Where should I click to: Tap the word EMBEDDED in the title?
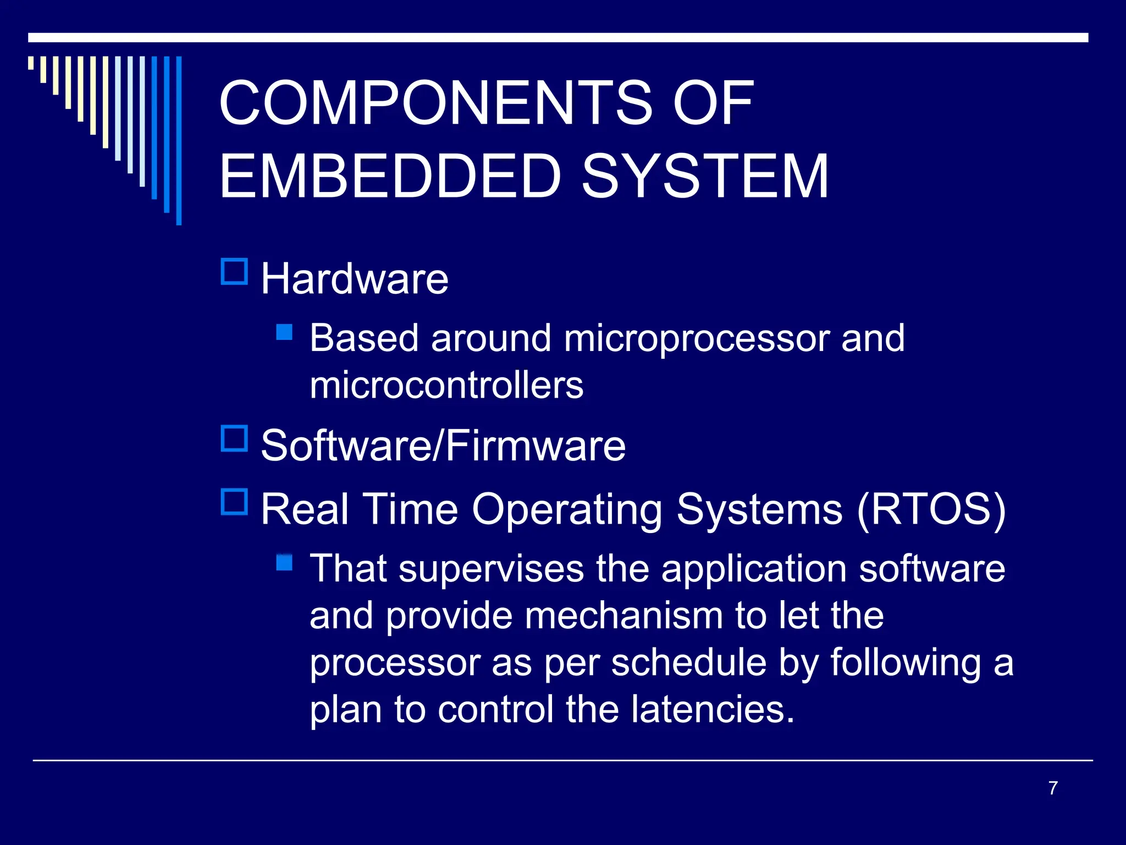click(x=390, y=176)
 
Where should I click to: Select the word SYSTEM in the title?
click(x=705, y=176)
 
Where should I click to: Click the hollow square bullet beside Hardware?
click(x=234, y=271)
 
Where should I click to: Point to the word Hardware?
click(x=355, y=279)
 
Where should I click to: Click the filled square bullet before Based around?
click(x=284, y=332)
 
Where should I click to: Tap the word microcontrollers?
click(x=446, y=385)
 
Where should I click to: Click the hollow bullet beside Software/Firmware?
click(x=234, y=438)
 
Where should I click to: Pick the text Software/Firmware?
click(x=443, y=446)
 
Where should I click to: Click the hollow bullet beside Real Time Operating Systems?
click(x=234, y=502)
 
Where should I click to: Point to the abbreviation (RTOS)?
click(x=931, y=509)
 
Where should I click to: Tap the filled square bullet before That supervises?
click(x=284, y=562)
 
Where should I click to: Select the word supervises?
click(x=491, y=569)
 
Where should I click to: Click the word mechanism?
click(x=623, y=616)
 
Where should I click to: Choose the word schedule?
click(x=689, y=662)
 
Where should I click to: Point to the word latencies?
click(x=713, y=709)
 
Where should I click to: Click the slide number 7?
click(x=1052, y=788)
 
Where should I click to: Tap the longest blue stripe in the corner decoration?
click(x=179, y=140)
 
